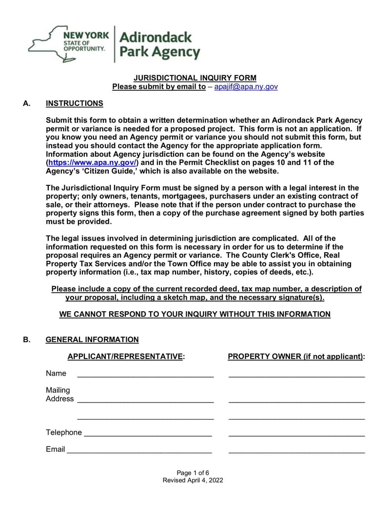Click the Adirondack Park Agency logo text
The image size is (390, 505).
coord(159,44)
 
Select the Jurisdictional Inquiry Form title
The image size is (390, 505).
coord(195,78)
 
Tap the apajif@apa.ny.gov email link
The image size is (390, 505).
coord(246,87)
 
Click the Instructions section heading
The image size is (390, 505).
coord(74,103)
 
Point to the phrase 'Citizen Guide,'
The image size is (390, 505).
coord(102,171)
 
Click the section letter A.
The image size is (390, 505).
coord(27,103)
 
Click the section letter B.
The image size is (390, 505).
coord(27,340)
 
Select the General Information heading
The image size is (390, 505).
coord(92,340)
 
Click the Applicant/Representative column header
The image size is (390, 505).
coord(126,357)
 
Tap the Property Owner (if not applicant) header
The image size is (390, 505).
coord(296,357)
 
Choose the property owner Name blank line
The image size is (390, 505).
coord(296,375)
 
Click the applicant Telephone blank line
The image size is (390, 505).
coord(148,434)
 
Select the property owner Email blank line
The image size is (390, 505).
coord(296,451)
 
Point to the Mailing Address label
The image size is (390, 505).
coord(59,394)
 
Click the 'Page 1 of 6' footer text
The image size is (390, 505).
coord(193,472)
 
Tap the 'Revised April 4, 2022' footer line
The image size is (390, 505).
coord(193,480)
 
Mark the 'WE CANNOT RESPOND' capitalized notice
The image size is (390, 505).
coord(195,314)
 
